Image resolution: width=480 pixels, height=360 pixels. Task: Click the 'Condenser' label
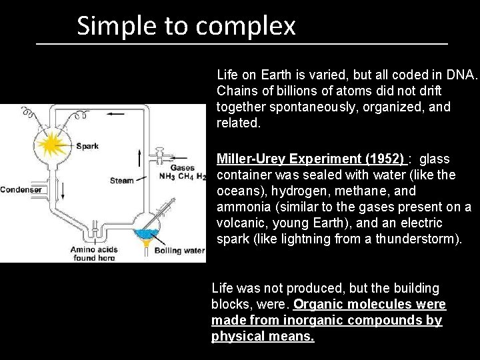tap(21, 189)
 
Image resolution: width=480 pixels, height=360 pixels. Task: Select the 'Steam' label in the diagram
tap(122, 180)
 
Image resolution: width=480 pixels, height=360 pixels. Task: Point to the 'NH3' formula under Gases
tap(167, 177)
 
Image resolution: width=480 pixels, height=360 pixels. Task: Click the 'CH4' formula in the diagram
tap(185, 177)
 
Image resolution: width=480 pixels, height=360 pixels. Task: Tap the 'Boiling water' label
tap(179, 251)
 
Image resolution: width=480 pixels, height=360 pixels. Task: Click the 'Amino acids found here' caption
tap(95, 254)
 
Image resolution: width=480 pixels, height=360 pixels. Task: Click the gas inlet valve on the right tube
tap(161, 157)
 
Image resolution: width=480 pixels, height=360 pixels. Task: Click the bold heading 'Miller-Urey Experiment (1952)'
tap(311, 159)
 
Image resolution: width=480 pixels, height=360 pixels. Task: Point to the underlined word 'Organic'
tap(317, 305)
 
